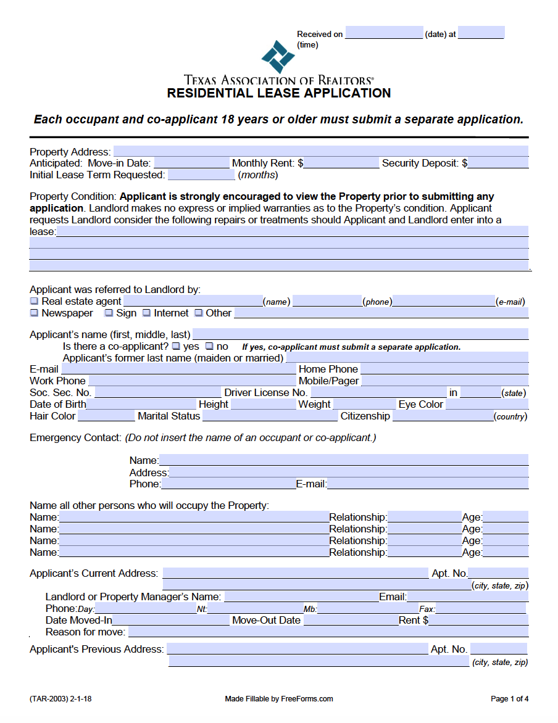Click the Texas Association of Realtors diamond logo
[x=278, y=57]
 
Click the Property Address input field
[x=320, y=152]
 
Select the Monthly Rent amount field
[x=341, y=163]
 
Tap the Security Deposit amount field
[x=498, y=163]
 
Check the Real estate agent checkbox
[x=35, y=302]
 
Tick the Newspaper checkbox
[x=35, y=313]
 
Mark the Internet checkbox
[x=147, y=313]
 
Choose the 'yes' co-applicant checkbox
[x=177, y=347]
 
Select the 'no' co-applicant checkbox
[x=209, y=347]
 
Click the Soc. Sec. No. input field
[x=157, y=393]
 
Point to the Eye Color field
[x=486, y=405]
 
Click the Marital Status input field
[x=270, y=416]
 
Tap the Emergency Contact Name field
[x=343, y=460]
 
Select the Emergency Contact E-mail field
[x=427, y=484]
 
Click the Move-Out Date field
[x=350, y=621]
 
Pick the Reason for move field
[x=328, y=632]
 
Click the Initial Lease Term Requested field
[x=201, y=175]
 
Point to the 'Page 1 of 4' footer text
[x=509, y=699]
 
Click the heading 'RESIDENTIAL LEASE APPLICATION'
[x=279, y=93]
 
